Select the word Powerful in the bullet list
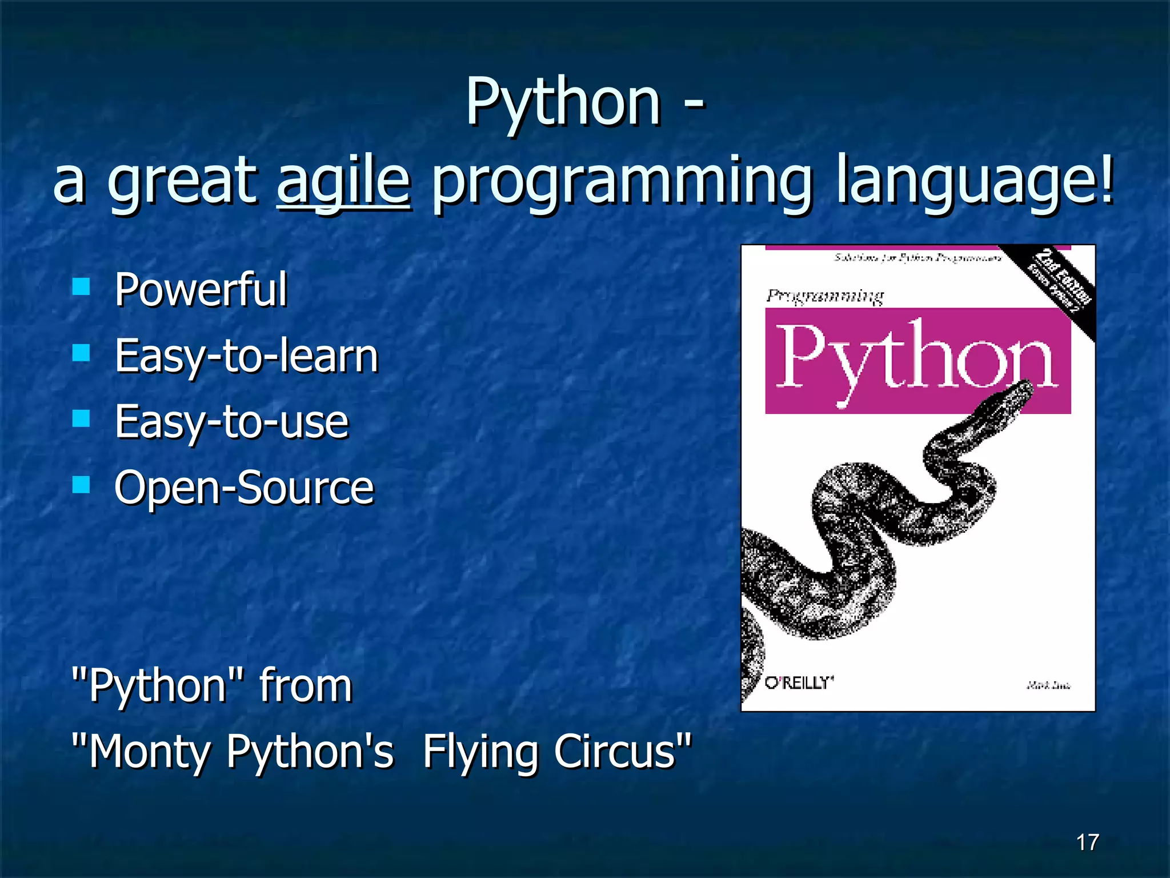pos(201,289)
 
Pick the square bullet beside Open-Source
pos(82,485)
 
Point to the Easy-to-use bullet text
pos(231,422)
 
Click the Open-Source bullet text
pos(244,488)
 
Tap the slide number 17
pos(1087,842)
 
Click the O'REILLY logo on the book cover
pos(799,683)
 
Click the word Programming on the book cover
pos(824,296)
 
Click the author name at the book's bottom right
pos(1048,685)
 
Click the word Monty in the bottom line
pos(149,752)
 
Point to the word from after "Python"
pos(306,685)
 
